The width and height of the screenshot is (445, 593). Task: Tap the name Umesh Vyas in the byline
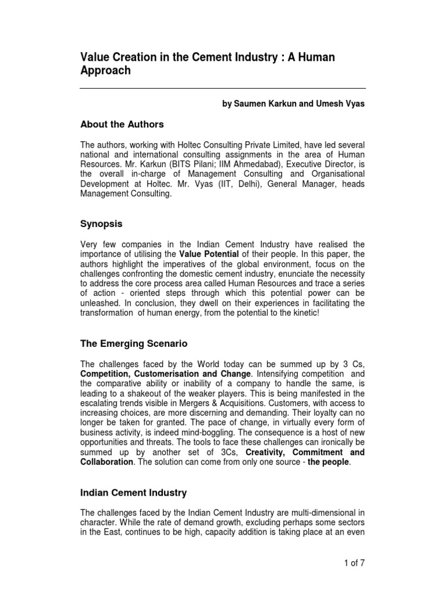[x=342, y=104]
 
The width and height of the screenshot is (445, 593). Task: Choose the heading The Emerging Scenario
[x=133, y=343]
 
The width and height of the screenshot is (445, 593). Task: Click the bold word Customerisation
[x=166, y=374]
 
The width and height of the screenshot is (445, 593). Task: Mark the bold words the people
[x=329, y=462]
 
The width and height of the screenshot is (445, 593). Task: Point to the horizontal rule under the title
[x=222, y=88]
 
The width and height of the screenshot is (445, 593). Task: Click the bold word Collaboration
[x=107, y=462]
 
